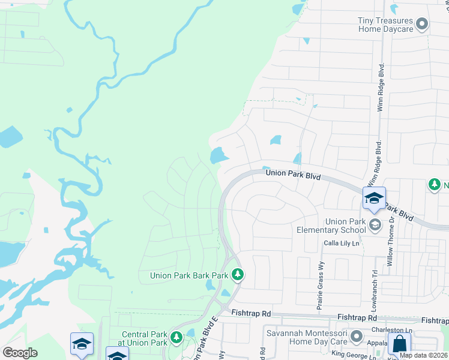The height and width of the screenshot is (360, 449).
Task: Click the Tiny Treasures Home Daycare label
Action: click(x=386, y=24)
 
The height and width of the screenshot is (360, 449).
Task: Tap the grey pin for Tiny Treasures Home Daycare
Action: click(x=422, y=24)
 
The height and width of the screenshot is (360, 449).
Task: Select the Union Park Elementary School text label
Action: click(x=331, y=226)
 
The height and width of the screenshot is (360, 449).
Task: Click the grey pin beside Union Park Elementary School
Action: click(x=375, y=225)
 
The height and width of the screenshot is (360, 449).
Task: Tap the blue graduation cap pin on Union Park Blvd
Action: click(x=374, y=199)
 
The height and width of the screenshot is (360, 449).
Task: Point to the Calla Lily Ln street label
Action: click(x=341, y=243)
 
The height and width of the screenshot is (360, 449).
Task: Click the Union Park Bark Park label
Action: click(x=189, y=275)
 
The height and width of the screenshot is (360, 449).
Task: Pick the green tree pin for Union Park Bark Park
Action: click(x=238, y=275)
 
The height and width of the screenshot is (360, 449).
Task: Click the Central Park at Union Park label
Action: click(x=144, y=338)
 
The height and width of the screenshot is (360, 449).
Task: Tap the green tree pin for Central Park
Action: click(x=176, y=337)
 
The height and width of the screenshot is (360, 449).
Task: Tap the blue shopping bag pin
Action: click(x=399, y=344)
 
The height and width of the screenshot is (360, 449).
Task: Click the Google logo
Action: click(x=20, y=353)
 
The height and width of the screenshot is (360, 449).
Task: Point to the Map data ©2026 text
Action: click(x=424, y=355)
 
